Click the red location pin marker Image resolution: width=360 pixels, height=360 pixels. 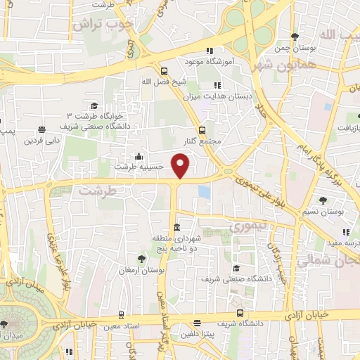(x=181, y=166)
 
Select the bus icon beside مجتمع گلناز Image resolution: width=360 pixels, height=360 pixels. (x=202, y=130)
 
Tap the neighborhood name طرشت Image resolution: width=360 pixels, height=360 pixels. (x=95, y=190)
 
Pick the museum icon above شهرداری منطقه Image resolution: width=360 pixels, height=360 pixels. (x=176, y=228)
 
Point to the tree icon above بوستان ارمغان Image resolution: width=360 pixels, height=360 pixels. (x=143, y=259)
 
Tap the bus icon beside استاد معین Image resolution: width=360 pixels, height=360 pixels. (x=121, y=315)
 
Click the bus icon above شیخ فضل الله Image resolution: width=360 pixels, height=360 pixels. (x=164, y=71)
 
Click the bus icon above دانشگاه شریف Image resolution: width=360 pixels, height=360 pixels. (x=240, y=313)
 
